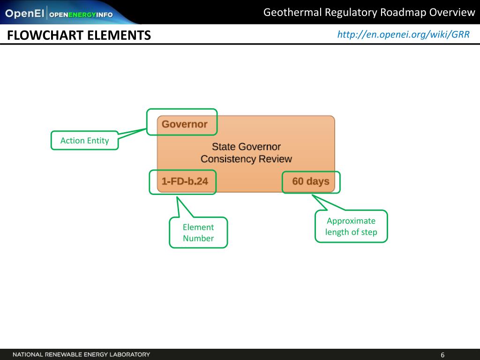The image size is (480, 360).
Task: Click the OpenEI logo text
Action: [24, 14]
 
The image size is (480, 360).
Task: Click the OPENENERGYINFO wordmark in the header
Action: [81, 14]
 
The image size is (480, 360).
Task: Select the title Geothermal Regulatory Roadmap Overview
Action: [369, 12]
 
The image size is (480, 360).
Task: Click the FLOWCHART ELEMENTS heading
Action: [79, 35]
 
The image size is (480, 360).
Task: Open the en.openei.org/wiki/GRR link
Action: [403, 34]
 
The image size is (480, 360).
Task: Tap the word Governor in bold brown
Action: [184, 124]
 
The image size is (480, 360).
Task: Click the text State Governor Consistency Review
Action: [246, 153]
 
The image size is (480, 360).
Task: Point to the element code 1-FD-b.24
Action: [185, 181]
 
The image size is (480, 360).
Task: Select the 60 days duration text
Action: [310, 181]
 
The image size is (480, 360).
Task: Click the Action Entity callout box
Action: [84, 140]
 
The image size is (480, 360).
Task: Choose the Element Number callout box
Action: [198, 232]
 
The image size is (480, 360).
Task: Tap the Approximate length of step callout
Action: [351, 226]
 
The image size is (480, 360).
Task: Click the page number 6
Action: [442, 354]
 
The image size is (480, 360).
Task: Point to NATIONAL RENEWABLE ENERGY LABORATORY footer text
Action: [81, 354]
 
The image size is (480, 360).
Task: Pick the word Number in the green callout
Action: [198, 238]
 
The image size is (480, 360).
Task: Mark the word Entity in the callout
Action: [98, 140]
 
